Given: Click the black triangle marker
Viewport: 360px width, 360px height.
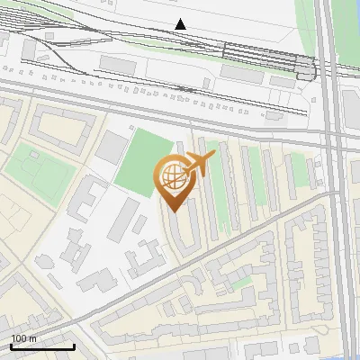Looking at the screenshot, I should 181,24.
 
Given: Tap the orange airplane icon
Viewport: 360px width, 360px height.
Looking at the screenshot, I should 199,164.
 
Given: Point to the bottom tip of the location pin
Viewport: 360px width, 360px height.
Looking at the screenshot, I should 172,211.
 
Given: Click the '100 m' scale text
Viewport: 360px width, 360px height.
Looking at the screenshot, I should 24,338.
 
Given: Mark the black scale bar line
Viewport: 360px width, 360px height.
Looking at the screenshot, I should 42,346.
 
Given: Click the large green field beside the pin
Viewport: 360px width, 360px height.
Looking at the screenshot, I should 140,162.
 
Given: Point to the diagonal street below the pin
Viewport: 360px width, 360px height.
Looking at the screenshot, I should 225,254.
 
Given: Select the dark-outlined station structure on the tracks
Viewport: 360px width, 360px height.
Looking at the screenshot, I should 304,67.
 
